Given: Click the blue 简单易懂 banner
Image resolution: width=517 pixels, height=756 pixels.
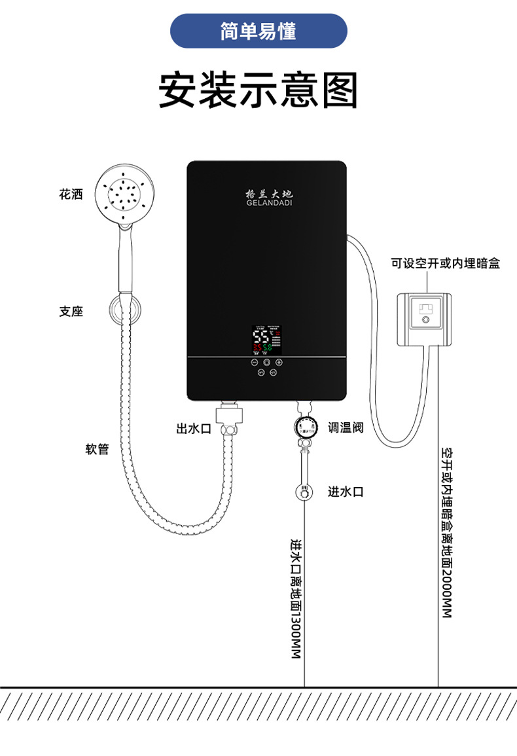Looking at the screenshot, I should (258, 31).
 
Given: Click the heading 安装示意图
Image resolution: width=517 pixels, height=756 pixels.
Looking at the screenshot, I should (258, 90).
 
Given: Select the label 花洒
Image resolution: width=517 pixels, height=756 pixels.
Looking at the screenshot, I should (71, 194).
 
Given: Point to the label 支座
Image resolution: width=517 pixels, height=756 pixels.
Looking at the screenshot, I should (71, 312).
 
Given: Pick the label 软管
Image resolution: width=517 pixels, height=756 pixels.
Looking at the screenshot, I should (97, 450).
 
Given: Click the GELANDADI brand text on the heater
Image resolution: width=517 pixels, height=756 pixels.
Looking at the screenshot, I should (269, 203).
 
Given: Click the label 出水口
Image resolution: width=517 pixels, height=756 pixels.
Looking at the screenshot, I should (193, 429).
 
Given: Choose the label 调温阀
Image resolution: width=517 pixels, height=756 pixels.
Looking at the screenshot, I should (346, 428).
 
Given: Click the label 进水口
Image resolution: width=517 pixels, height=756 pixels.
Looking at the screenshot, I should (346, 492).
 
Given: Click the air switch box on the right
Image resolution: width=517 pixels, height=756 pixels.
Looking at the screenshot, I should (423, 319).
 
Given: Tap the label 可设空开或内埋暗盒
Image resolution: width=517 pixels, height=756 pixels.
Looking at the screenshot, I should (445, 264).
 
